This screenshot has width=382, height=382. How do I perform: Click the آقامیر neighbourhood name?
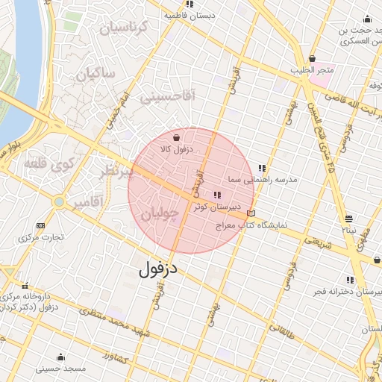[x=89, y=203]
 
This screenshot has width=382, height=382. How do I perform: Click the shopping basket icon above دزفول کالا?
[x=175, y=138]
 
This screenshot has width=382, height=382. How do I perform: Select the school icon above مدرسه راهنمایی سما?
[x=261, y=169]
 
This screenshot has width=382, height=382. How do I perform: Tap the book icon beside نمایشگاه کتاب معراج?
[x=251, y=214]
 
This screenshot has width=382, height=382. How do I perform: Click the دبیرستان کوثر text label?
[x=216, y=206]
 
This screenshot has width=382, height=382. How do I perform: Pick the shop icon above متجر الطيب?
[x=311, y=59]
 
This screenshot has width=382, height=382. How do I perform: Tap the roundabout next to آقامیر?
[x=58, y=201]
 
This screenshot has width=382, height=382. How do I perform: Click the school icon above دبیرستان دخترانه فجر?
[x=350, y=281]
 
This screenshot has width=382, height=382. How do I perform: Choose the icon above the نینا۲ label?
[x=349, y=219]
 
